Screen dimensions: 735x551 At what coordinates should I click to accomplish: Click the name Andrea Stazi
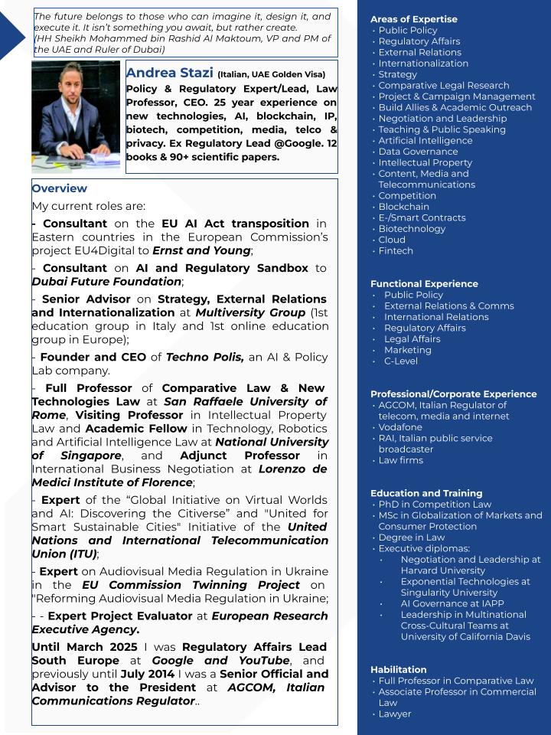coord(169,73)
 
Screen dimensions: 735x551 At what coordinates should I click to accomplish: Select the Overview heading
coord(60,188)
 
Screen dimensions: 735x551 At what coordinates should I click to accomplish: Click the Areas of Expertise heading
coord(413,19)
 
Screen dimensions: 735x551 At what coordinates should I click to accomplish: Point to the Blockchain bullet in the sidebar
coord(403,207)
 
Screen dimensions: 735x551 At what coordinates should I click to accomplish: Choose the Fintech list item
coord(396,250)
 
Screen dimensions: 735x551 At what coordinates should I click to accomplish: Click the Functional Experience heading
coord(424,283)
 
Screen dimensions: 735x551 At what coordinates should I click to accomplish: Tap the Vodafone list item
coord(400,427)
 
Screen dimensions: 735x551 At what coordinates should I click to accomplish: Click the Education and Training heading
coord(426,493)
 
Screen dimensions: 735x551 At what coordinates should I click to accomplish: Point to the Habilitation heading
coord(399,669)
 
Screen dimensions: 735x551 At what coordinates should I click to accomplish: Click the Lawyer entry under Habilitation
coord(395,714)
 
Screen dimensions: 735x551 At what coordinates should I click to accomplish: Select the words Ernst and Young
coord(201,250)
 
